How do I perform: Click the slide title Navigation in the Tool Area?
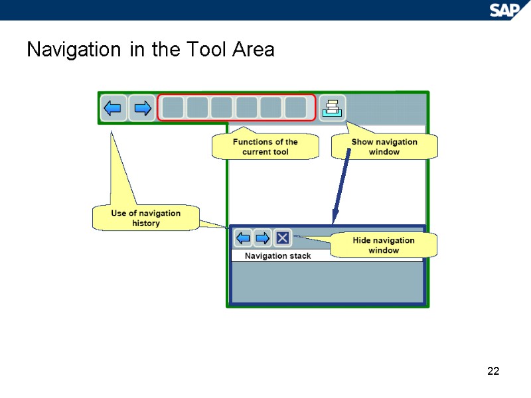point(150,50)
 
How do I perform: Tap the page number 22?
point(493,371)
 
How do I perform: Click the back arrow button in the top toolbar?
point(114,107)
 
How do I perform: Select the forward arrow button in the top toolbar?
point(141,107)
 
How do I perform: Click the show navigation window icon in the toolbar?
point(331,107)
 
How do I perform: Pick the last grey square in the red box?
point(295,107)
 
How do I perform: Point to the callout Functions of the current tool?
point(265,147)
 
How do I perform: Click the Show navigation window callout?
point(384,147)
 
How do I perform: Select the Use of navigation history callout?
point(145,218)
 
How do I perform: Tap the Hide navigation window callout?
point(383,245)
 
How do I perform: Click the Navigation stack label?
point(277,256)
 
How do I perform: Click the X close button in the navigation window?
point(282,237)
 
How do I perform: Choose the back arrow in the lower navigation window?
point(244,237)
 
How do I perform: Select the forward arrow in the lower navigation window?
point(263,237)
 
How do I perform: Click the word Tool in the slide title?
point(202,50)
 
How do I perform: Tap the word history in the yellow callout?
point(146,224)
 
